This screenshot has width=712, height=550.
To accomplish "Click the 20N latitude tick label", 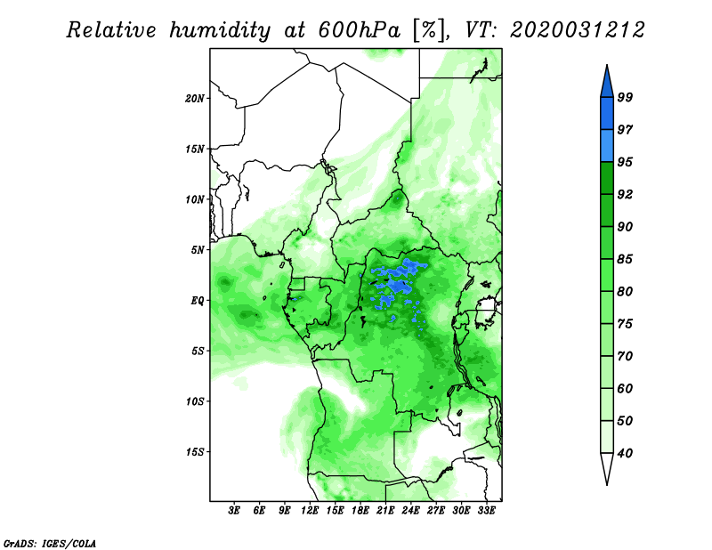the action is tap(195, 98).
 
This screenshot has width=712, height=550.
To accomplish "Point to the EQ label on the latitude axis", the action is tap(198, 300).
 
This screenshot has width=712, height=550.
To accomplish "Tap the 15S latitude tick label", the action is tap(195, 452).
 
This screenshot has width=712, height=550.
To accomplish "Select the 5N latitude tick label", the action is tap(198, 250).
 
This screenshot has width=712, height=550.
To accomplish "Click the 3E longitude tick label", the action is tap(234, 510).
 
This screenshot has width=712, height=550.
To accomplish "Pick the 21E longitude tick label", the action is tap(385, 510).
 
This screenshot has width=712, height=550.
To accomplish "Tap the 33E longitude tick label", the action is tap(486, 510).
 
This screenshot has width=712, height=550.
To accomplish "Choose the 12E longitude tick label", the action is tap(310, 510).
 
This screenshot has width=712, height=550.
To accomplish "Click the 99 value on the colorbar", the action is tap(625, 97).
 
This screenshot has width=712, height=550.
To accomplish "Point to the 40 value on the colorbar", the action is tap(625, 453).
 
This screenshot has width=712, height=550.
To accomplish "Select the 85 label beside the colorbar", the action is tap(625, 259).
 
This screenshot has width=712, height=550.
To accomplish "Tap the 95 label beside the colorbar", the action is tap(625, 162).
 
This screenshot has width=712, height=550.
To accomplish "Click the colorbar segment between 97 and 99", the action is tap(607, 114).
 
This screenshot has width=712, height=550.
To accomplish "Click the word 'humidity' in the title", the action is tap(220, 31).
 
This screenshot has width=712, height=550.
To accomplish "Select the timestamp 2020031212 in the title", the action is tap(578, 30).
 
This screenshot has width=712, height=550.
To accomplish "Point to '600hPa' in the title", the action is tap(360, 30).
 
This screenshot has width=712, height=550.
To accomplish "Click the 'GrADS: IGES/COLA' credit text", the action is tap(50, 543).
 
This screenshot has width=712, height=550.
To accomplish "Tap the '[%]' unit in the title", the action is tap(429, 30).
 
